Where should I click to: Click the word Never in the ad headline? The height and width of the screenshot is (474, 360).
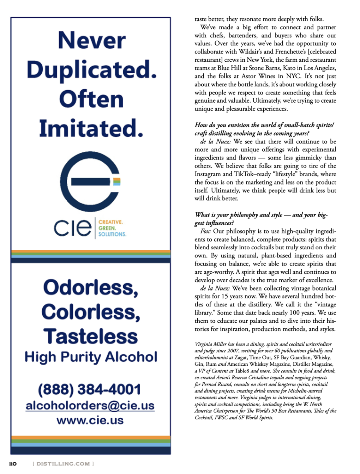[91, 41]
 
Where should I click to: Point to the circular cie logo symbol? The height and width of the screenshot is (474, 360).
[90, 181]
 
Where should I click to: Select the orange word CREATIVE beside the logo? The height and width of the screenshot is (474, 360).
[110, 222]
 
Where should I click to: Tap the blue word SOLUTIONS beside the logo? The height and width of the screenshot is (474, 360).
[112, 234]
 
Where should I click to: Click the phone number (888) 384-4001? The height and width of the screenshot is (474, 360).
[89, 390]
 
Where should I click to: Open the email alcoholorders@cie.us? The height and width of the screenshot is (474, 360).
[90, 406]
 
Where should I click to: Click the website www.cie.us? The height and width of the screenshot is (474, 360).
[90, 420]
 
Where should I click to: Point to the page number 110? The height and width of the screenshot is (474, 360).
[13, 464]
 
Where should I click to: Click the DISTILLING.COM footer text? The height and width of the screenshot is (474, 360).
[63, 464]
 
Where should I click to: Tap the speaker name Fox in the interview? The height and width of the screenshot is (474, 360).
[205, 231]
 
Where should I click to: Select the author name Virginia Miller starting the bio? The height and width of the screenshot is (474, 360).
[211, 344]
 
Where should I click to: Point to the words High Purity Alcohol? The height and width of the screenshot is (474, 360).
[91, 357]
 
